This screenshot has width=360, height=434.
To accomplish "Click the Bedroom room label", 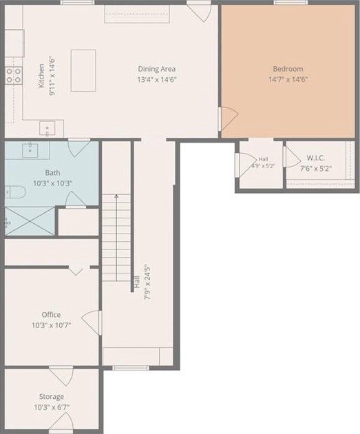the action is tap(288, 69).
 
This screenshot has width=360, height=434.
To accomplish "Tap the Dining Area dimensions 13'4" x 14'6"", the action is tap(157, 80).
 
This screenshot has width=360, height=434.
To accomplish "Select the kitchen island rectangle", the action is tap(83, 70).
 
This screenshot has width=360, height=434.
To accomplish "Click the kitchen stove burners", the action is tap(14, 76).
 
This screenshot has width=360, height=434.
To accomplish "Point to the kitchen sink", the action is tap(47, 128).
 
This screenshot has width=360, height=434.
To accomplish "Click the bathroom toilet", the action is tap(15, 192).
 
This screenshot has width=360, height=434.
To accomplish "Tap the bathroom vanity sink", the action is tap(30, 149).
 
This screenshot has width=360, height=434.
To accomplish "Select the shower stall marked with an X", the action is tap(30, 221).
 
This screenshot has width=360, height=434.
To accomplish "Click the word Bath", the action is tap(52, 173).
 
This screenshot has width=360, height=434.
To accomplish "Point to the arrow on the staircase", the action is tap(116, 238).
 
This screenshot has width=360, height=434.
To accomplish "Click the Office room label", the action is tap(51, 315).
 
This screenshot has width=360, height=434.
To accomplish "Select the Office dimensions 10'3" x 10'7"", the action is tap(51, 325).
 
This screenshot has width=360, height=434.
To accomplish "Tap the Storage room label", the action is tap(52, 397).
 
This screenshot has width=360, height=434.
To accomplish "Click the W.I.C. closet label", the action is tap(316, 158).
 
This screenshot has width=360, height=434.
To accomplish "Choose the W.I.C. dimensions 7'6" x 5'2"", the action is tap(316, 168).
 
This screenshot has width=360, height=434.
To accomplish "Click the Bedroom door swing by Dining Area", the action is tap(229, 119).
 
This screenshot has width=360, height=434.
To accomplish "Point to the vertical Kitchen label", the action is tap(41, 76).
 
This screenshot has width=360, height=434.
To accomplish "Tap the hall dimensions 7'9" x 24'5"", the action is tap(147, 283).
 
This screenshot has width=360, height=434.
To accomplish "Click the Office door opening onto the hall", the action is tap(92, 322).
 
